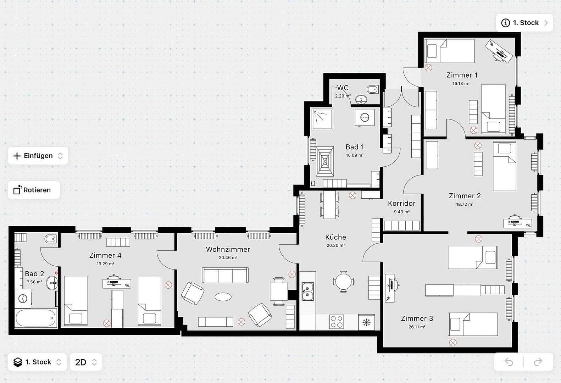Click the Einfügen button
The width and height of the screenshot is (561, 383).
[38, 156]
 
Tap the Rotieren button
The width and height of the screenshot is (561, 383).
[34, 190]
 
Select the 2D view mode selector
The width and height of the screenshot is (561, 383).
[86, 362]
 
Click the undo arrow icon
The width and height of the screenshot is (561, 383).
[509, 362]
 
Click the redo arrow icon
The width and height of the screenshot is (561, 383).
[538, 362]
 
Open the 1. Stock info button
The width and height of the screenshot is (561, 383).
[524, 23]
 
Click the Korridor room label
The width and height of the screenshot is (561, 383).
[401, 203]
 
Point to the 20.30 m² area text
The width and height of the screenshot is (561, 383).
[335, 245]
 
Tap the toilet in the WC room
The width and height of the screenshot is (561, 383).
[372, 89]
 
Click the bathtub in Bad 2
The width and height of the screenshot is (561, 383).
[36, 318]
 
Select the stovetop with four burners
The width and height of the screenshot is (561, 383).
[336, 322]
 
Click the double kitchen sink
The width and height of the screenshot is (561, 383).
[307, 291]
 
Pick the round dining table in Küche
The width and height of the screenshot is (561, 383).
[343, 282]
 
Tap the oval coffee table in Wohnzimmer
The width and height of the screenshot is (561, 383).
[223, 297]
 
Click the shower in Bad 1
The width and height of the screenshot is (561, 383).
[322, 119]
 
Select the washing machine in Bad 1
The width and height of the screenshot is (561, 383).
[365, 117]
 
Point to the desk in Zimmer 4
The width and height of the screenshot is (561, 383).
[117, 283]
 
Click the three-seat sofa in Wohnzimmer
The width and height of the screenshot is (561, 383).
[225, 275]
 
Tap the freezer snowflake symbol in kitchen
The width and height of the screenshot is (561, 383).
[366, 322]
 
